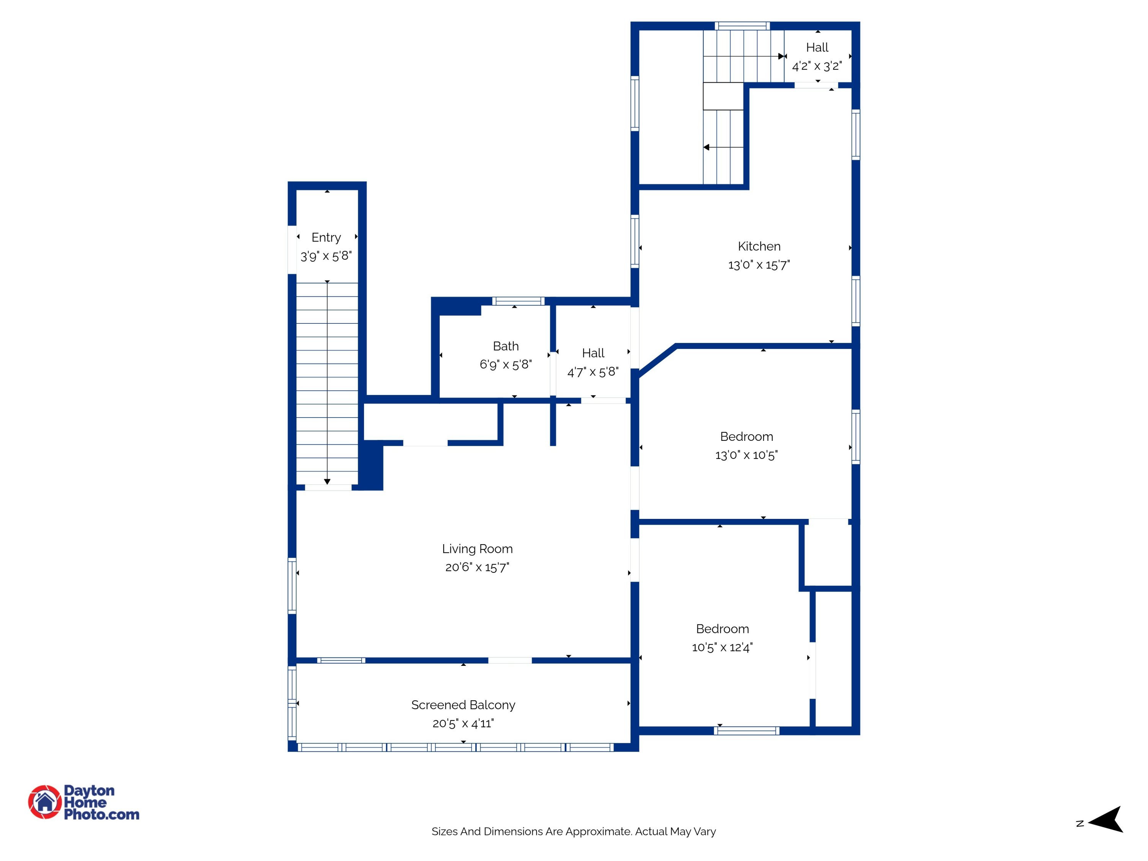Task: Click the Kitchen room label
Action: (x=759, y=246)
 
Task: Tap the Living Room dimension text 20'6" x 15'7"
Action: (x=477, y=567)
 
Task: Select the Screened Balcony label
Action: (x=463, y=705)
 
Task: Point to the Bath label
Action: (x=506, y=346)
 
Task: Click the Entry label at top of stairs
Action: (x=326, y=238)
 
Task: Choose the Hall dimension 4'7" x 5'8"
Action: (x=593, y=372)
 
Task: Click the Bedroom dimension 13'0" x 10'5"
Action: (x=746, y=455)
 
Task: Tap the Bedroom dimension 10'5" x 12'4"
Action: (x=722, y=647)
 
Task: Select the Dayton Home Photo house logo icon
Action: (x=45, y=802)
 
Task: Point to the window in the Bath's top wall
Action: (x=518, y=301)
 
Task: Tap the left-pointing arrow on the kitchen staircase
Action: (x=707, y=147)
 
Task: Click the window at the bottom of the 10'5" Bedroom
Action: (x=746, y=731)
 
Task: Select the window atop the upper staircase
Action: (x=742, y=25)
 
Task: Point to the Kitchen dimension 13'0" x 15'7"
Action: (x=759, y=265)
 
